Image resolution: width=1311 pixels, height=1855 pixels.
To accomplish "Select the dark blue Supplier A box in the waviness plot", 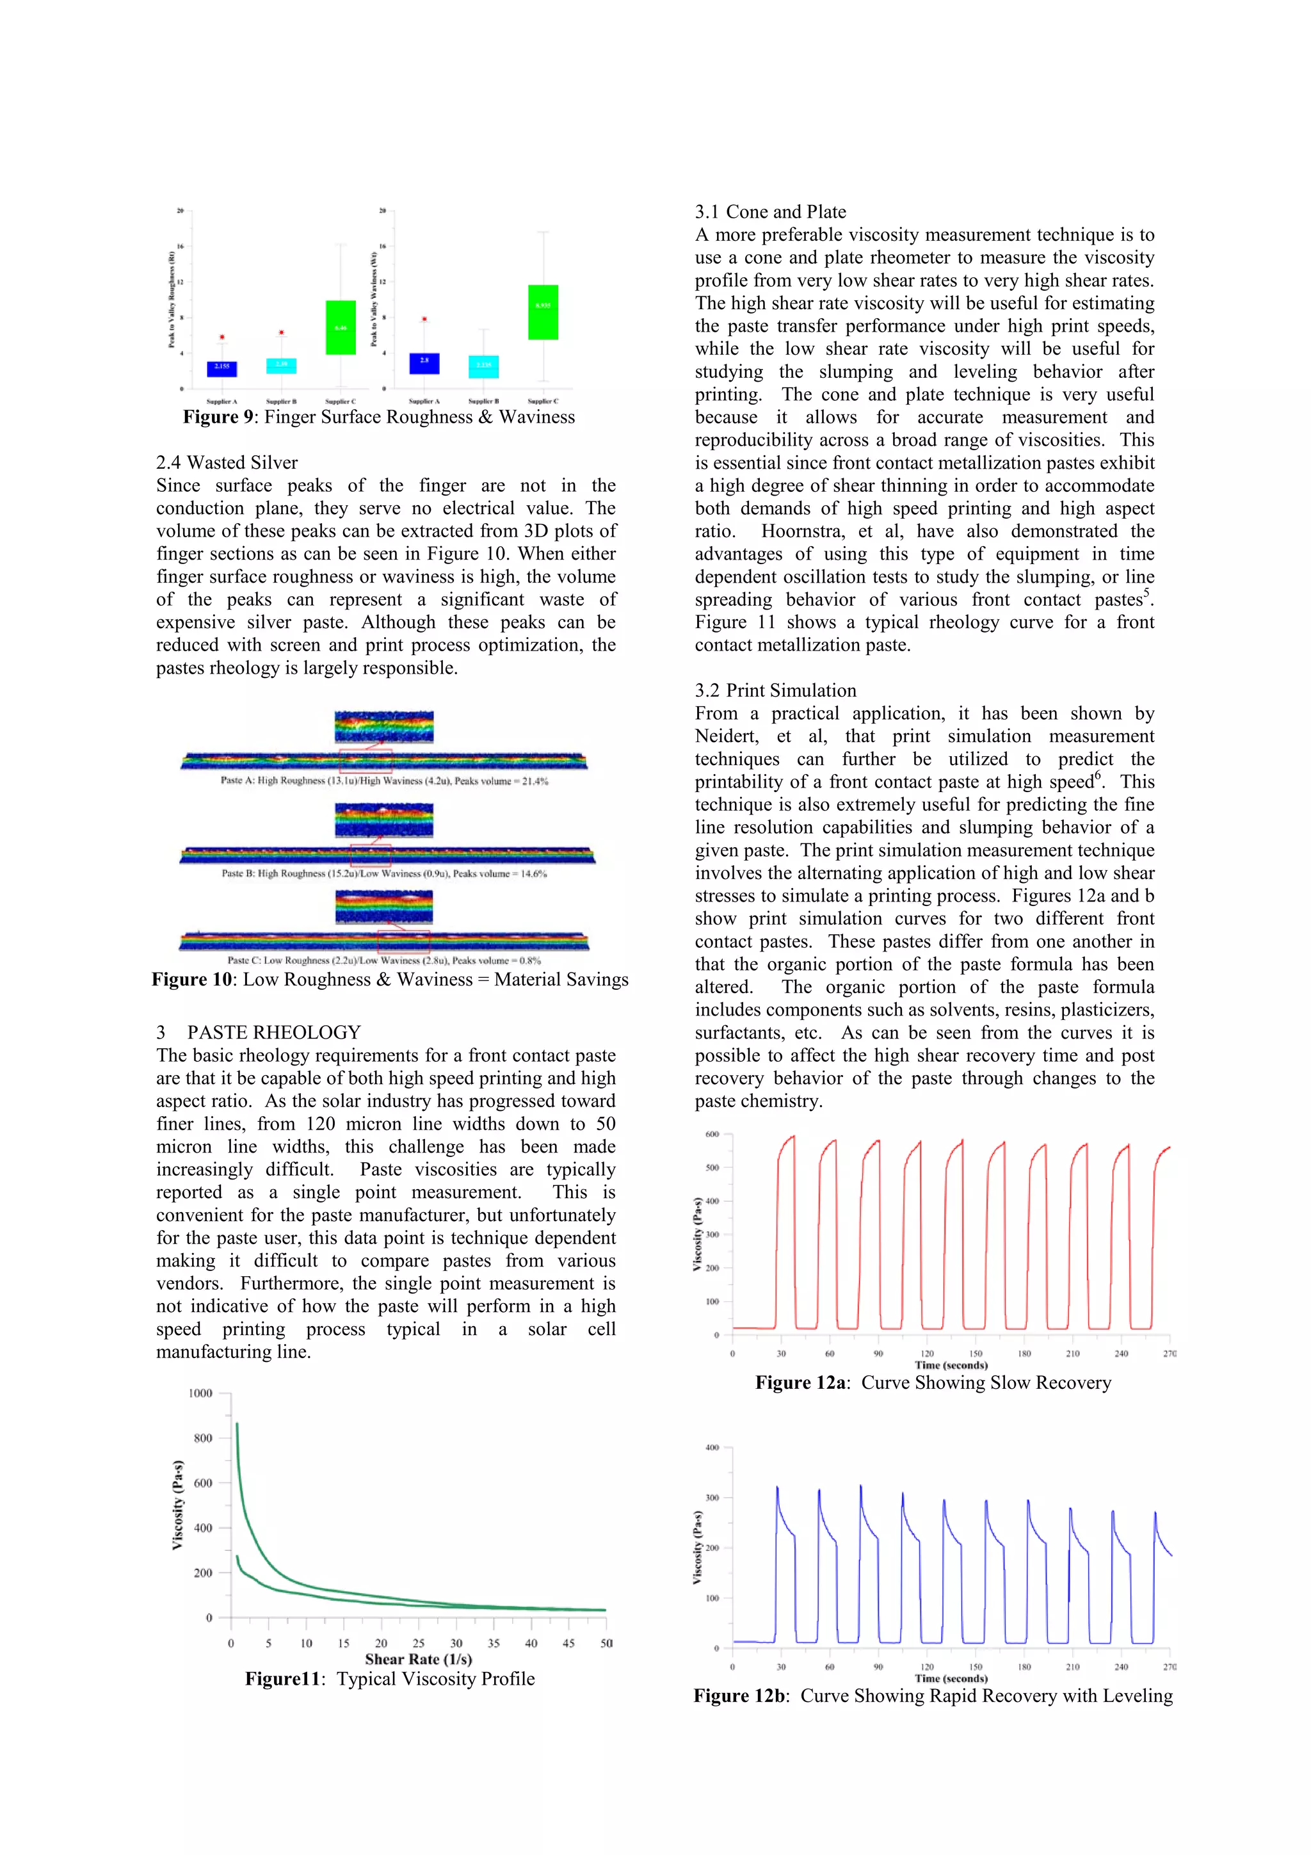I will [424, 363].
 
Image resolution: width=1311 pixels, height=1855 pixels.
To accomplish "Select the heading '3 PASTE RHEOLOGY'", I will [259, 1033].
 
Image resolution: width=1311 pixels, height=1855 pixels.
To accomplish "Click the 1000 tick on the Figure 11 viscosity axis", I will [200, 1394].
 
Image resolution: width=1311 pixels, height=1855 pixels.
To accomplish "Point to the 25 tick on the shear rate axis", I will [419, 1642].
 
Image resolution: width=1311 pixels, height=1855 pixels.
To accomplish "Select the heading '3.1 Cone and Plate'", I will [770, 212].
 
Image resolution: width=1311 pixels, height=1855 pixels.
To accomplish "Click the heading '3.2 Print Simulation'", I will [775, 690].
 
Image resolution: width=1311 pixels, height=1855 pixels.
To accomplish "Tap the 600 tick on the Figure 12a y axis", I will [712, 1135].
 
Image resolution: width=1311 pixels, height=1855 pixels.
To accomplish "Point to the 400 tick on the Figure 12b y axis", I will [712, 1448].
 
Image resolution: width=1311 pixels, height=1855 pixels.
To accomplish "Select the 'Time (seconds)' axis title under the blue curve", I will [951, 1678].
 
